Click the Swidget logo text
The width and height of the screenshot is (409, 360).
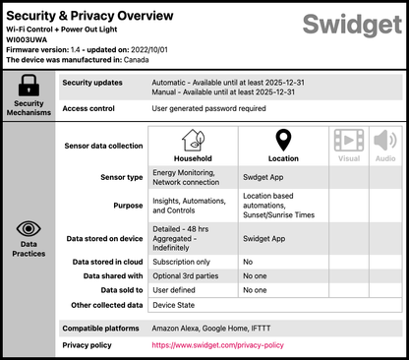pyautogui.click(x=351, y=26)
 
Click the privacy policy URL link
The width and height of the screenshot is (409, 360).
pyautogui.click(x=216, y=345)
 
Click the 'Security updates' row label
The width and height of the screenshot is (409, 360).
pyautogui.click(x=92, y=83)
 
